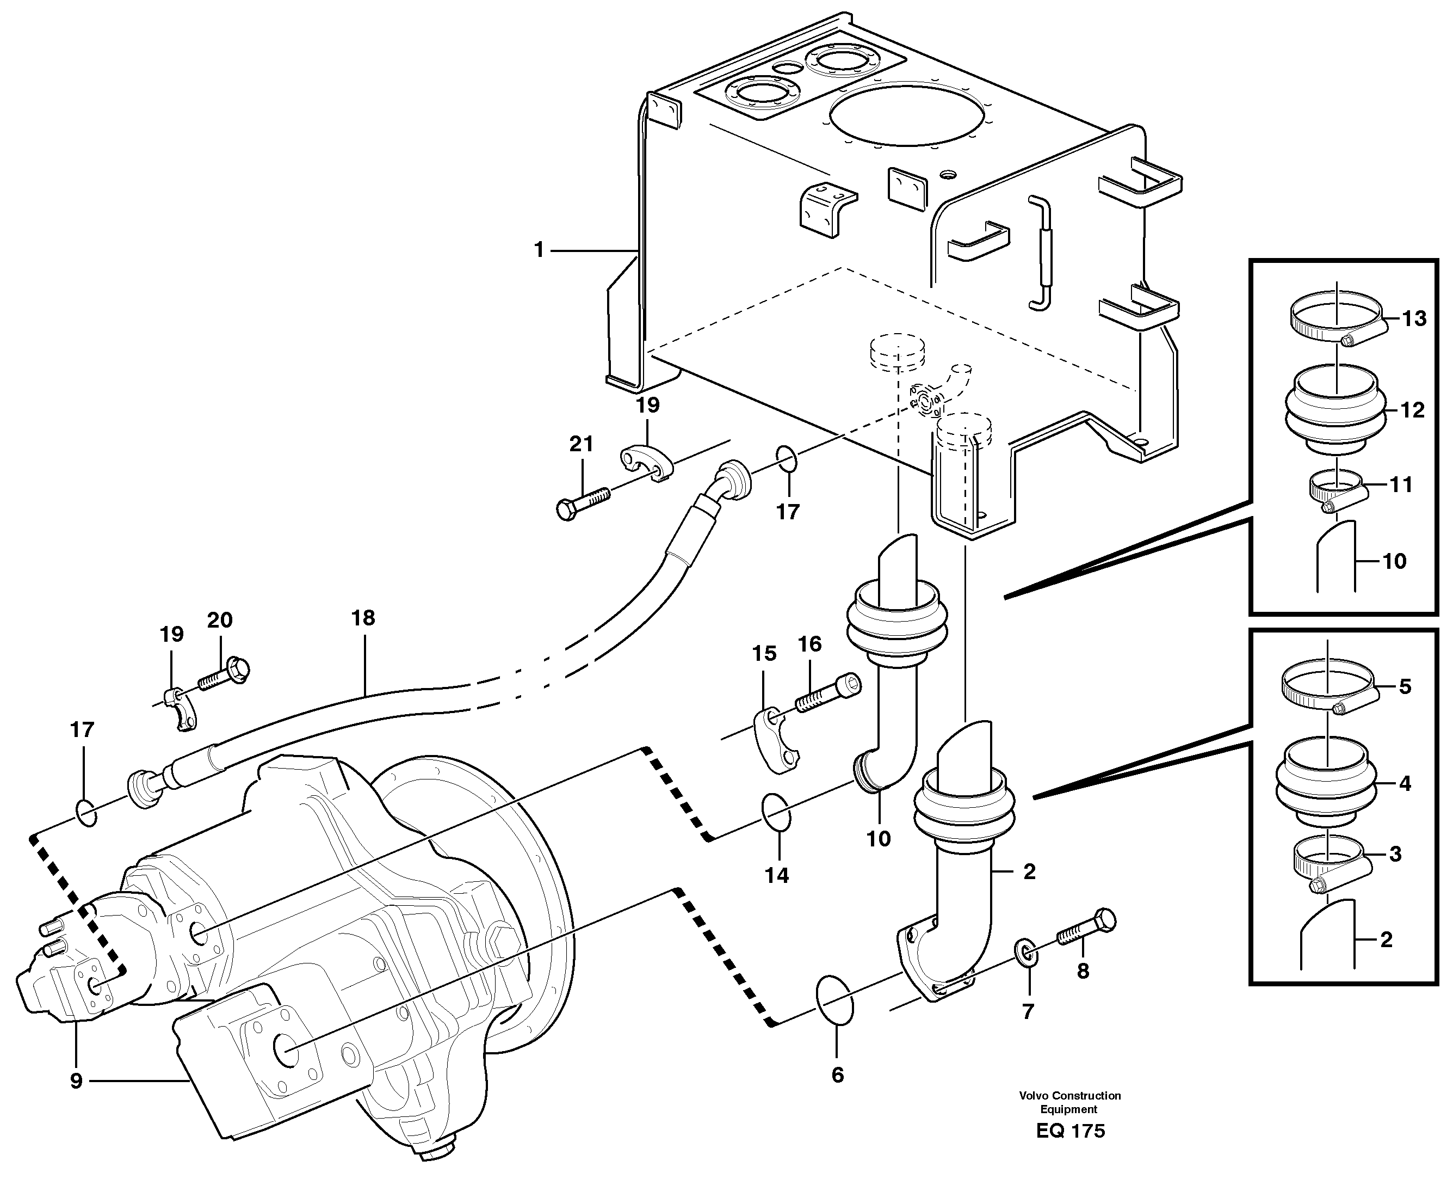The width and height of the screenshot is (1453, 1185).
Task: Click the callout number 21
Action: point(581,444)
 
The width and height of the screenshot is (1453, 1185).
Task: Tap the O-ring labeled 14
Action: point(777,812)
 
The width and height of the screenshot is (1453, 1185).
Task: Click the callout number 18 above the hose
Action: point(363,618)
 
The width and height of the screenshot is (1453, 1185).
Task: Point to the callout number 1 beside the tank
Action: point(539,250)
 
